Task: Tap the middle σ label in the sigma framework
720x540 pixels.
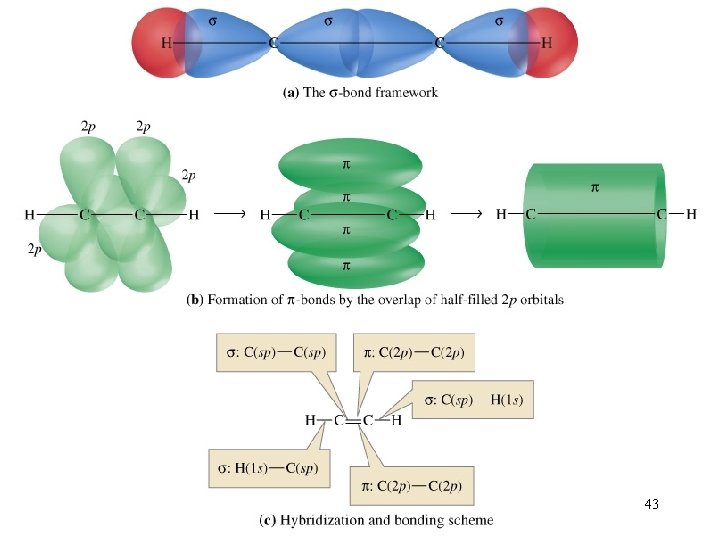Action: click(x=328, y=21)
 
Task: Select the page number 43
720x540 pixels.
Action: click(x=652, y=504)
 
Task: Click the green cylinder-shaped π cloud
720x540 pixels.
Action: click(x=595, y=215)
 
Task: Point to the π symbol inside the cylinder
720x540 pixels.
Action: click(x=595, y=187)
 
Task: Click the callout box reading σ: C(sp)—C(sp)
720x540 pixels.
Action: click(x=276, y=352)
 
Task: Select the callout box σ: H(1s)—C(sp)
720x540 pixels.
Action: click(x=269, y=468)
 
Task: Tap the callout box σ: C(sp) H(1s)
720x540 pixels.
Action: click(x=472, y=399)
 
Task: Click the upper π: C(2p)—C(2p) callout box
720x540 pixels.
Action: click(x=414, y=352)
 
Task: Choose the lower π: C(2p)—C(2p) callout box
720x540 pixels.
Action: click(x=412, y=486)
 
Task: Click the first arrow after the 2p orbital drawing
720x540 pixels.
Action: click(x=230, y=214)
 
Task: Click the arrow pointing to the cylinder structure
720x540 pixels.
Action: click(x=467, y=214)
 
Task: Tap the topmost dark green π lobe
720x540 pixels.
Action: click(x=350, y=164)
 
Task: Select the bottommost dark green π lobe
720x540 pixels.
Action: click(x=356, y=265)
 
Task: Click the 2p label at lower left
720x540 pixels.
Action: click(x=34, y=249)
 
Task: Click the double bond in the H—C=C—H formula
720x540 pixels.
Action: click(x=353, y=421)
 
